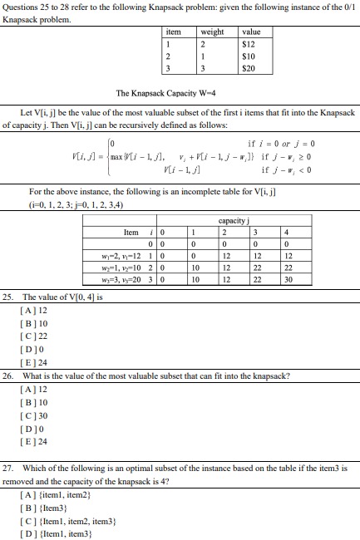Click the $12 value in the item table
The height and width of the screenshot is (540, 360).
[x=248, y=43]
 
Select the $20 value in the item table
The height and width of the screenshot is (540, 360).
[x=248, y=68]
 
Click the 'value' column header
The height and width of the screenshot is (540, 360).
[x=250, y=32]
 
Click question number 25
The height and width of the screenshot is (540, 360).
[x=8, y=296]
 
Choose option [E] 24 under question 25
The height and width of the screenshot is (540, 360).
[x=32, y=362]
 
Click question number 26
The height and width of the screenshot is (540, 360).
[x=8, y=376]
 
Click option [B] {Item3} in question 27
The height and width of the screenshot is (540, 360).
[x=42, y=508]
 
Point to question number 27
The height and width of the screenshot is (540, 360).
[x=8, y=469]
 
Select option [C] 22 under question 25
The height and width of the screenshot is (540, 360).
[x=32, y=336]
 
